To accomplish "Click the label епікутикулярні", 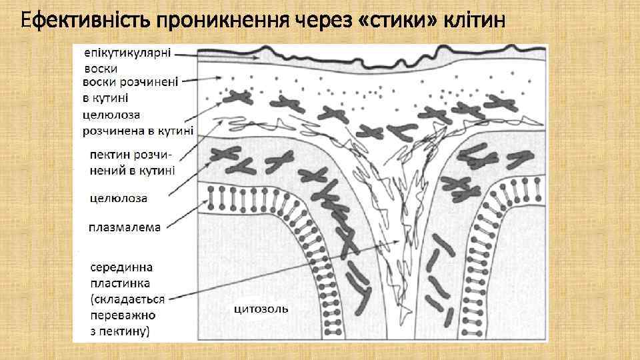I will click(x=127, y=53).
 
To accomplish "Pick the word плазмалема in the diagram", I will click(x=125, y=227).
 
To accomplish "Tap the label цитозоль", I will click(x=261, y=308).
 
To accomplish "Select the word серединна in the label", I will click(x=121, y=267).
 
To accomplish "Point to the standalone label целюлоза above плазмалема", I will click(x=119, y=198).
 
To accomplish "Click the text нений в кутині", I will click(x=132, y=170).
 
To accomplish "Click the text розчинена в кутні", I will click(x=138, y=130).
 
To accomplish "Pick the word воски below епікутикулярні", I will click(x=101, y=68).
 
